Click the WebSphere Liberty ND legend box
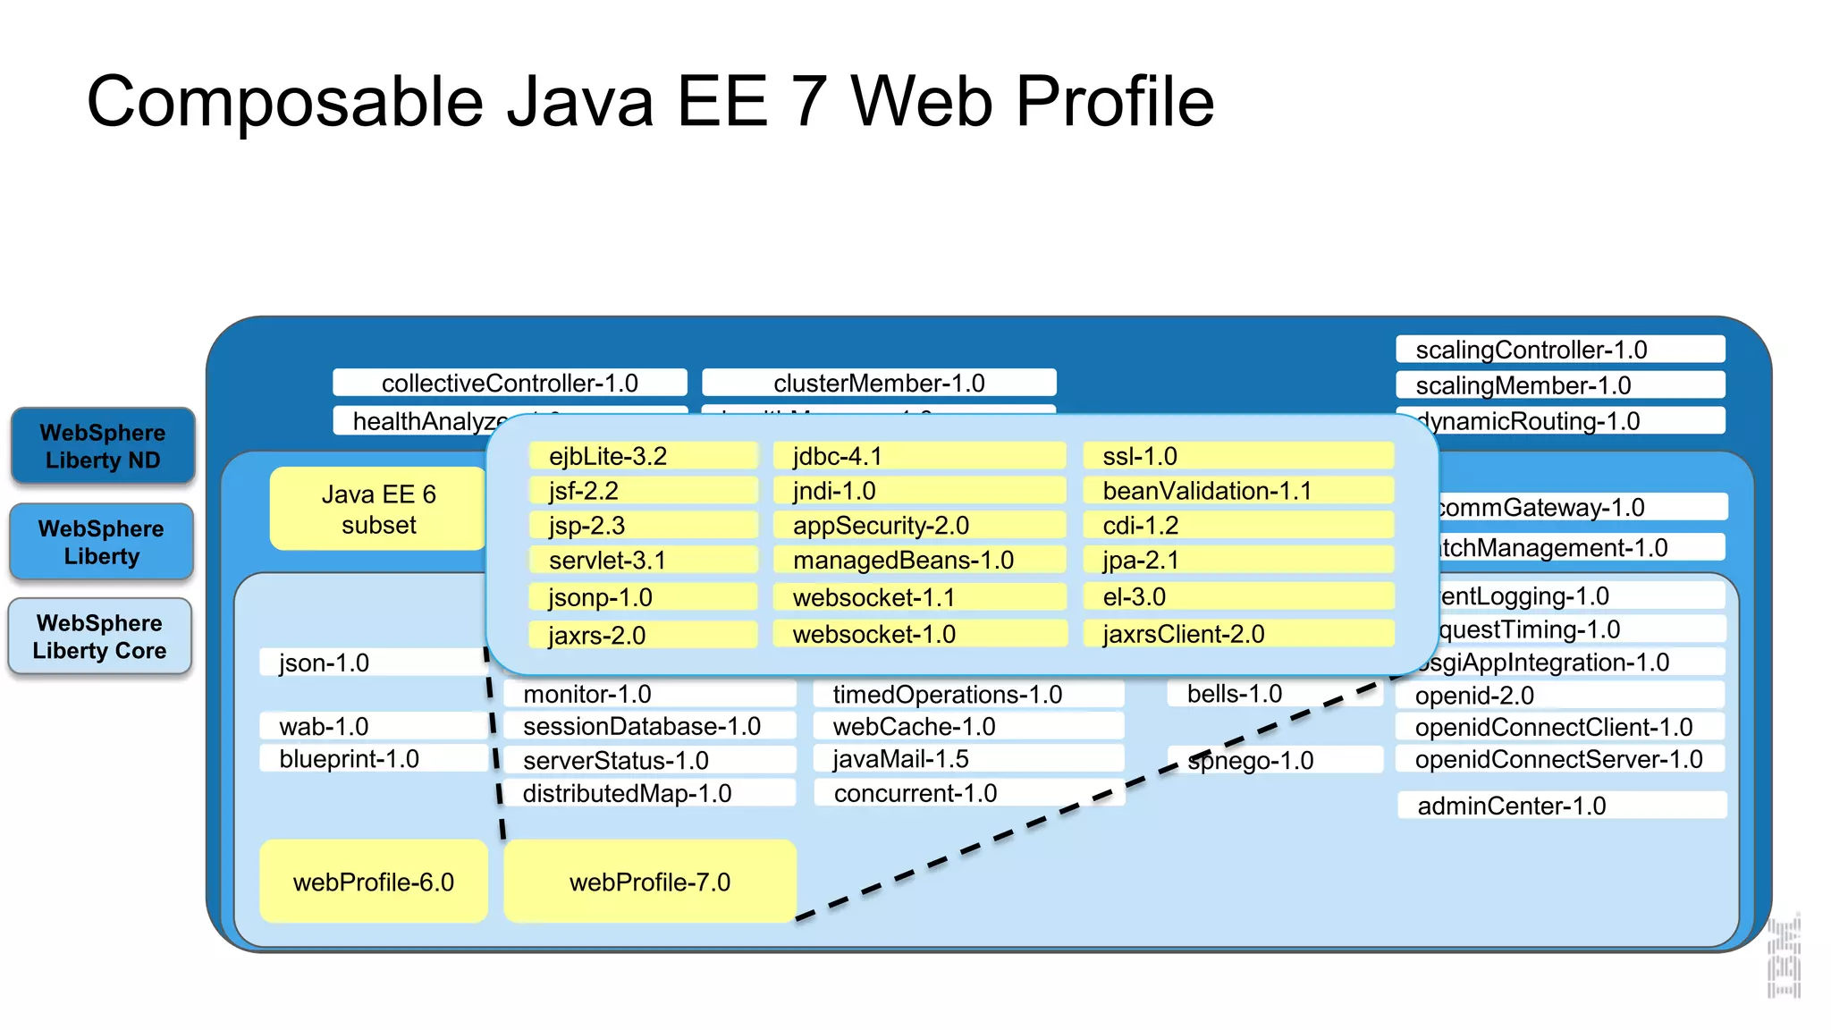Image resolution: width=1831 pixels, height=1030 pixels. click(x=103, y=446)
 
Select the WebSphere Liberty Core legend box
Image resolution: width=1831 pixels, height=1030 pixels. click(x=100, y=637)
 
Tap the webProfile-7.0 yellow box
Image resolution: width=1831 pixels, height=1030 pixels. click(x=650, y=882)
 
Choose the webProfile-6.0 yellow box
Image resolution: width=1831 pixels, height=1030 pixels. click(x=374, y=882)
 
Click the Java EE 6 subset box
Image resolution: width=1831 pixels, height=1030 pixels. click(x=378, y=509)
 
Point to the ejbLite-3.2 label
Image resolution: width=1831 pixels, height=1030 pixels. click(x=608, y=456)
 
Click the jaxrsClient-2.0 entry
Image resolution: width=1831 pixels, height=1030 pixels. click(x=1183, y=634)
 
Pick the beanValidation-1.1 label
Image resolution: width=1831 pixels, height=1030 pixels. click(x=1207, y=491)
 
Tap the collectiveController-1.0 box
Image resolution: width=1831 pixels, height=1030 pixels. click(x=510, y=383)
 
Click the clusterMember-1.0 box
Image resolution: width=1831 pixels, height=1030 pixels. click(x=879, y=383)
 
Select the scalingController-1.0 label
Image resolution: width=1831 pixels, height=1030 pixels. click(x=1531, y=350)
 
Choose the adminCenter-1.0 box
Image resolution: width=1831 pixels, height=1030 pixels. click(x=1512, y=806)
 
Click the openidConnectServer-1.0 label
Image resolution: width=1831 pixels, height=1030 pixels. click(x=1558, y=759)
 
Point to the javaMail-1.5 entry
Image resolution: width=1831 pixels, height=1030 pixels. click(x=900, y=759)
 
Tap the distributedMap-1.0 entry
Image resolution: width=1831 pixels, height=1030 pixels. click(x=627, y=793)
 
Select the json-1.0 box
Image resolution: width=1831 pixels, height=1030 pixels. click(x=325, y=663)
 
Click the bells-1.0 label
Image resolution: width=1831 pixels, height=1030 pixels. click(x=1234, y=694)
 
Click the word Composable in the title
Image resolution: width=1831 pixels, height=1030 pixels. click(x=284, y=102)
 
